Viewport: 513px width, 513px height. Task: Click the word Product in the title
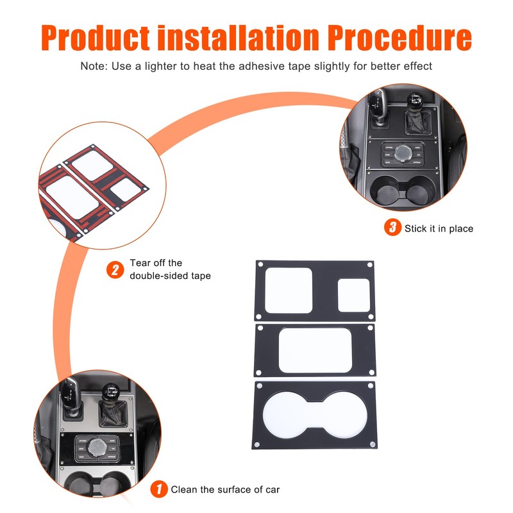tap(96, 38)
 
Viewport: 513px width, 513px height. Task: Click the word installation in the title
tap(238, 38)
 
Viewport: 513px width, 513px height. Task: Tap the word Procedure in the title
tap(399, 38)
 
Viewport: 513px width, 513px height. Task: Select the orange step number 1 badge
tap(159, 489)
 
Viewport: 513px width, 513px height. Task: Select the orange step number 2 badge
tap(115, 270)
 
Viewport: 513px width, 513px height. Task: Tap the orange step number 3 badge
tap(392, 228)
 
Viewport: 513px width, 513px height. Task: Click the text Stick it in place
tap(439, 228)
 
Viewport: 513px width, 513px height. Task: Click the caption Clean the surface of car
tap(225, 489)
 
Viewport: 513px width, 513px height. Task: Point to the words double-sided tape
tap(170, 276)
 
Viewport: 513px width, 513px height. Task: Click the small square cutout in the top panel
tap(354, 295)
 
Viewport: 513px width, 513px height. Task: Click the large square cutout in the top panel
tap(288, 290)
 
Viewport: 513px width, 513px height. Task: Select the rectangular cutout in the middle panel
tap(315, 350)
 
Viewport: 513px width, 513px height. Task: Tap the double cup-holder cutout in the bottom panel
tap(315, 415)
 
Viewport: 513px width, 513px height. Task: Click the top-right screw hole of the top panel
tap(370, 265)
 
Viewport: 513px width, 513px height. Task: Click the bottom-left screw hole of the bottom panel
tap(257, 444)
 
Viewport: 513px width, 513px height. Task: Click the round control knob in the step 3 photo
tap(403, 153)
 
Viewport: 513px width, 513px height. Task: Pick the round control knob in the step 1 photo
tap(97, 448)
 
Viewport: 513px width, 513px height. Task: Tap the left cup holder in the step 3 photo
tap(387, 191)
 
